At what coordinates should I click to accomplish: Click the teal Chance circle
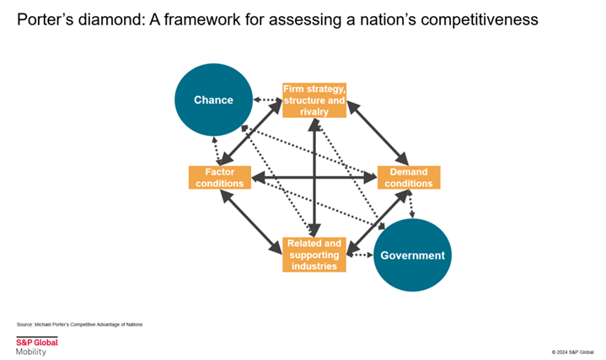coord(213,100)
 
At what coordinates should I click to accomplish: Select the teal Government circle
coord(413,255)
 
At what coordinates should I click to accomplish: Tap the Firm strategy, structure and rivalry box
coord(314,100)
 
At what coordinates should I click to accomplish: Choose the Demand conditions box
coord(409,178)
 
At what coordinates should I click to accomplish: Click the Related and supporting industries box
coord(314,255)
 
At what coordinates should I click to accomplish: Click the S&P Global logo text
coord(37,341)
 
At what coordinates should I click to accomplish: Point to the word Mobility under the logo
coord(31,352)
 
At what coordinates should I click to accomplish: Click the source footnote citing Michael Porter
coord(80,324)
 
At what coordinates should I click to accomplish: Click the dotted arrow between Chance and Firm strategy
coord(267,101)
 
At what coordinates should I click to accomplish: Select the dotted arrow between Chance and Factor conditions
coord(216,151)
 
